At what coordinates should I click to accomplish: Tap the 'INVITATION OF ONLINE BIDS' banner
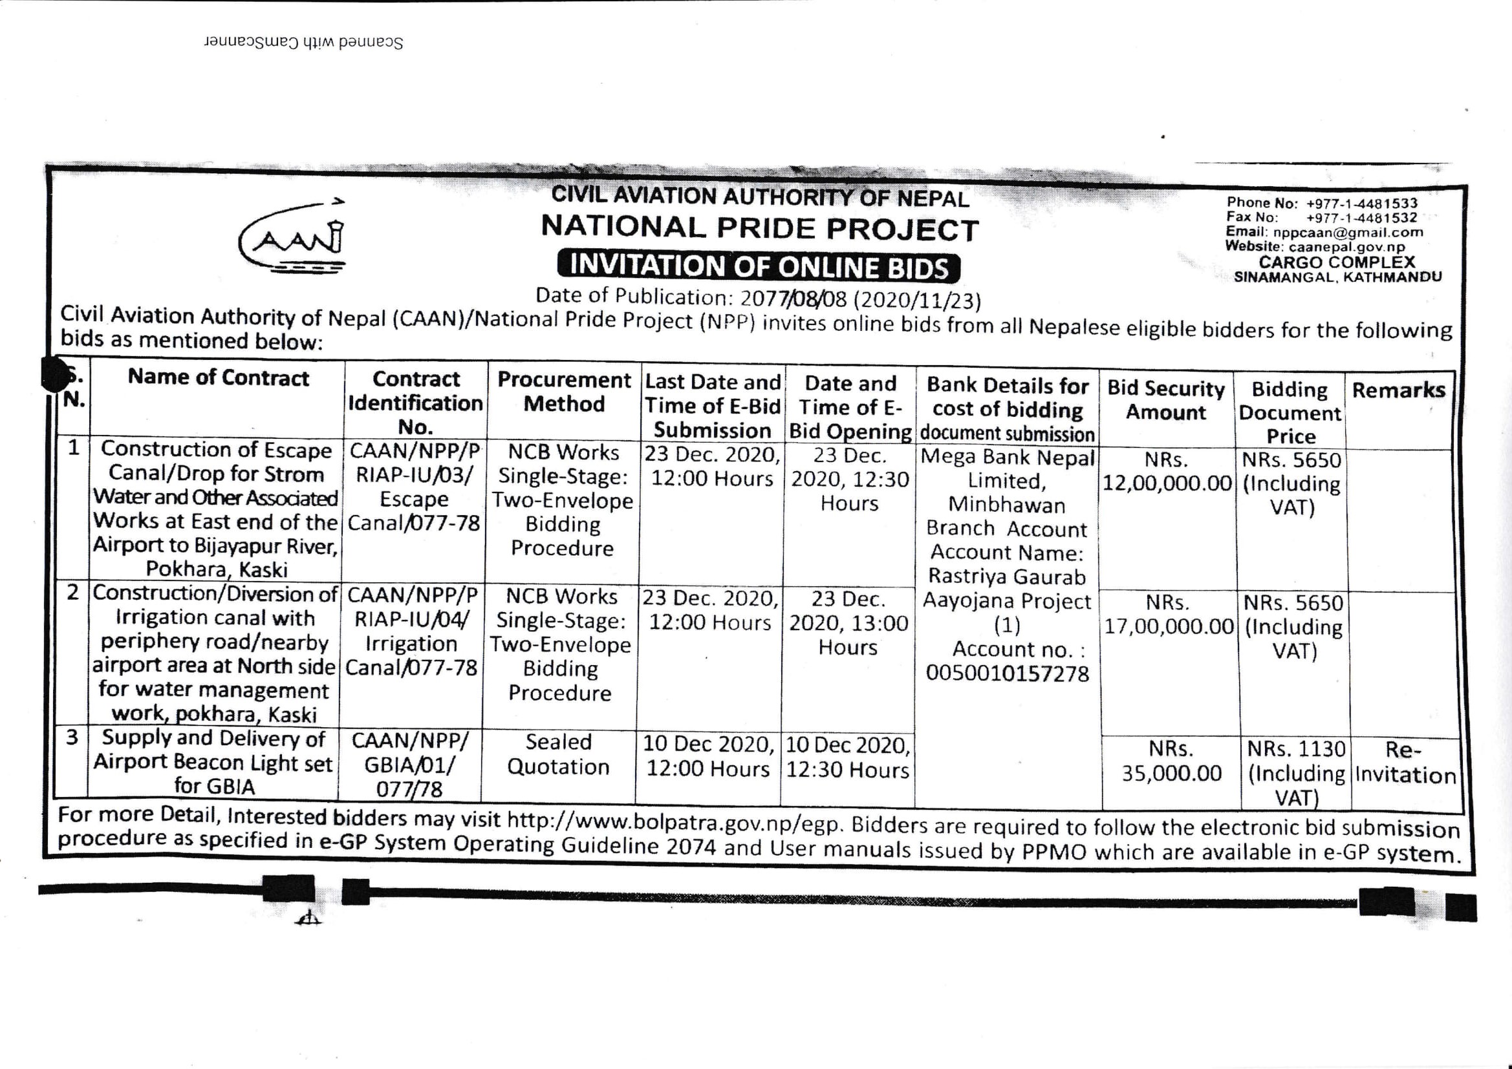(x=759, y=266)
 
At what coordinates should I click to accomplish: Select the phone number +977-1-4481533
(x=1362, y=204)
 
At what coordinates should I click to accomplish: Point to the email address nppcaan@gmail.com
(x=1348, y=233)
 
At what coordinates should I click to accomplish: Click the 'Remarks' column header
(x=1399, y=390)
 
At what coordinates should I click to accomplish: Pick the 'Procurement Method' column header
(x=564, y=392)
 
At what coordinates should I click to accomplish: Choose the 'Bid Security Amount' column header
(x=1165, y=400)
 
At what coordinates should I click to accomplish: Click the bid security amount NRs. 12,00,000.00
(x=1167, y=472)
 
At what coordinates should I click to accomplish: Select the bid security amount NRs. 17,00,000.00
(x=1168, y=615)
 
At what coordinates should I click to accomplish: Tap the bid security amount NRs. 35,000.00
(x=1172, y=761)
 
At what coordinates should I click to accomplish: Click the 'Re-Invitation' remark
(x=1405, y=763)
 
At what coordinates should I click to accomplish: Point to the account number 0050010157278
(x=1008, y=673)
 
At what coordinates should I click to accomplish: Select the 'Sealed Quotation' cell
(x=559, y=754)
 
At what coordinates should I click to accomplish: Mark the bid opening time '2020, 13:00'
(x=849, y=623)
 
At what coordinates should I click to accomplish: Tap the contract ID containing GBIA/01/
(x=409, y=765)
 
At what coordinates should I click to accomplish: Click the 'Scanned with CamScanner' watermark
(x=303, y=42)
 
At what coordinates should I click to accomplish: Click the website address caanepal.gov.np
(x=1346, y=247)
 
